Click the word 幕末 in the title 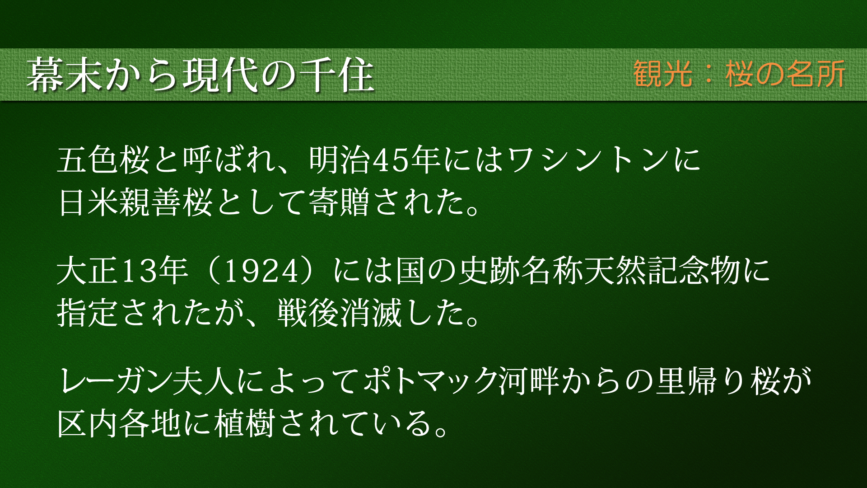[65, 75]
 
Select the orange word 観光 [662, 74]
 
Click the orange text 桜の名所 [785, 74]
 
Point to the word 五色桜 [103, 160]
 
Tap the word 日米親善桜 [135, 202]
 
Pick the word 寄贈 [339, 202]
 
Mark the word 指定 [88, 313]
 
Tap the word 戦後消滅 [339, 313]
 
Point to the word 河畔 [529, 381]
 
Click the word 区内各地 [119, 423]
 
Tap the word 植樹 [244, 423]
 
